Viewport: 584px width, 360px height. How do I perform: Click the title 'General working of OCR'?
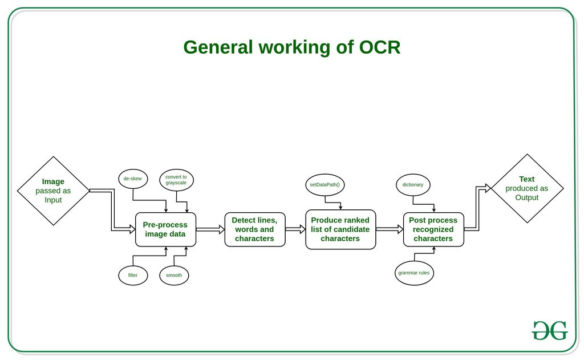(x=291, y=47)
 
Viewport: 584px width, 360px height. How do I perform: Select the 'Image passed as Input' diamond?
(x=53, y=191)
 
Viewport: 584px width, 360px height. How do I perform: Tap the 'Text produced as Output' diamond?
(x=526, y=188)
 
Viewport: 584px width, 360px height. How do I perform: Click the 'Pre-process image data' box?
(x=165, y=229)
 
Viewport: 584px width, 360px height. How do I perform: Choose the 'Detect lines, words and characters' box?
(x=254, y=229)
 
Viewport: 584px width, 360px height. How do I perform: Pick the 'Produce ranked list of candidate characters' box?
(x=340, y=229)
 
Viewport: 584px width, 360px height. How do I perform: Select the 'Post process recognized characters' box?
(x=433, y=229)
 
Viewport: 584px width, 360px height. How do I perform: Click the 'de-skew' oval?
(x=133, y=179)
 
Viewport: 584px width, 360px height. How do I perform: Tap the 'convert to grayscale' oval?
(x=176, y=180)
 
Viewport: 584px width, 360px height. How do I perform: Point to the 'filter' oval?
(x=133, y=275)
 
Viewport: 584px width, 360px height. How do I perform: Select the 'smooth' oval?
(x=174, y=275)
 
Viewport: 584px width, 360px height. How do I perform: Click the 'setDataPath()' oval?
(x=325, y=185)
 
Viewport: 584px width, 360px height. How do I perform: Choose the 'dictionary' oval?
(x=413, y=185)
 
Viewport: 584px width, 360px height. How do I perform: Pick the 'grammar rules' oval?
(x=414, y=273)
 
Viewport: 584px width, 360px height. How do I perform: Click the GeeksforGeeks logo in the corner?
(x=550, y=330)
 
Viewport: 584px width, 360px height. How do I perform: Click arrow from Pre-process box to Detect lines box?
(x=210, y=229)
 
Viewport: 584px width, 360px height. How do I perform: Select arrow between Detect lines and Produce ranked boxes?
(x=295, y=229)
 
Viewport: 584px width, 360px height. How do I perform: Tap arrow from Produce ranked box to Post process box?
(x=390, y=229)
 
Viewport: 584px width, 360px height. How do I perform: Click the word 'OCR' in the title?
(x=379, y=47)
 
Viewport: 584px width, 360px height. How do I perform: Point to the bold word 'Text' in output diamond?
(x=526, y=179)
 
